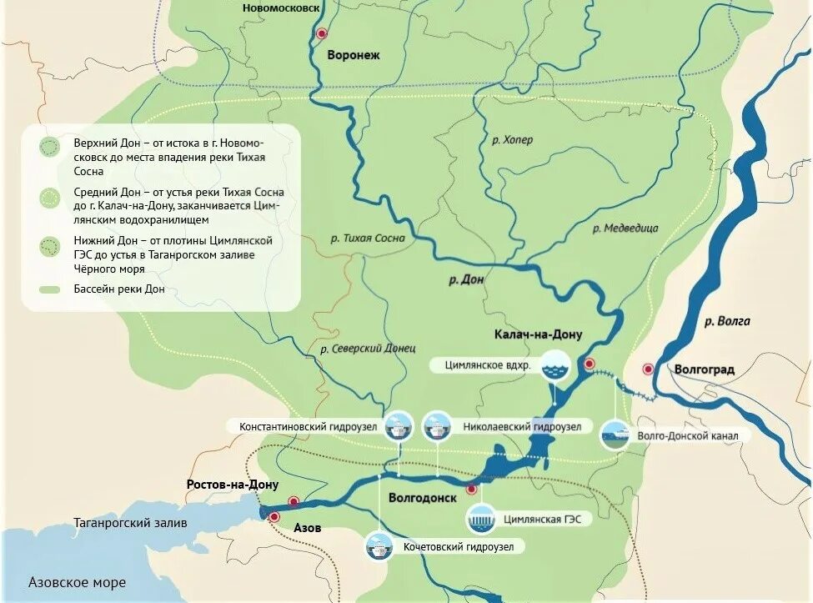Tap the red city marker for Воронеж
tap(322, 33)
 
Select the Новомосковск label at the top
tap(281, 8)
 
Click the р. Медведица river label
tap(625, 228)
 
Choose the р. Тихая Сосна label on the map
tap(367, 238)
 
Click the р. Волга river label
tap(726, 320)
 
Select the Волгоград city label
tap(705, 369)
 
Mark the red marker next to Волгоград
tap(648, 369)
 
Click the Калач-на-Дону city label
tap(538, 334)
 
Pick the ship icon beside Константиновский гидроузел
tap(399, 427)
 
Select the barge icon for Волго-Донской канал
tap(616, 435)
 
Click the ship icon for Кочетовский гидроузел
tap(381, 547)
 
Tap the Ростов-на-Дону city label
tap(233, 485)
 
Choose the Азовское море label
tap(77, 582)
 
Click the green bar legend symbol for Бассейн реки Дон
tap(51, 289)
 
